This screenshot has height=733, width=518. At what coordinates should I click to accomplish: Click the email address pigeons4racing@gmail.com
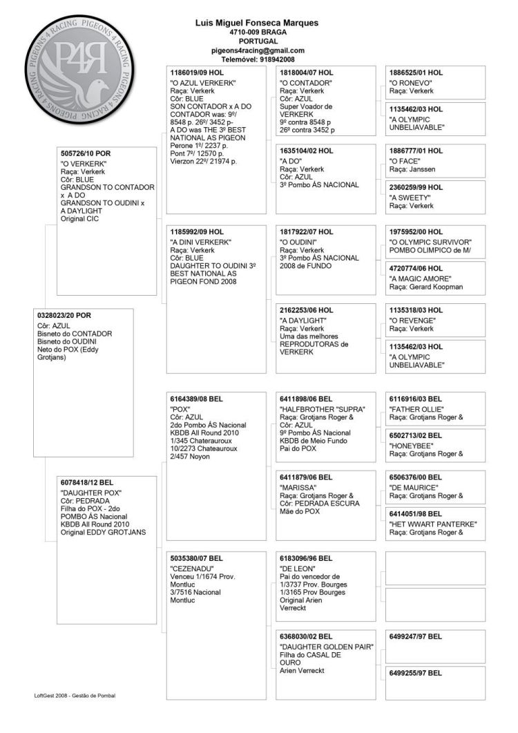click(x=258, y=50)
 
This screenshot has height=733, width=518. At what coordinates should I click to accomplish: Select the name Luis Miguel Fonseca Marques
click(x=257, y=23)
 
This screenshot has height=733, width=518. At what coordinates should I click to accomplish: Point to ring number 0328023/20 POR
click(x=64, y=315)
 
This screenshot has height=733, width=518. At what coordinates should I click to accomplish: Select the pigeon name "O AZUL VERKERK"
click(x=203, y=83)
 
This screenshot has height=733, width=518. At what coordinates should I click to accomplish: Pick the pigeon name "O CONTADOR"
click(x=305, y=83)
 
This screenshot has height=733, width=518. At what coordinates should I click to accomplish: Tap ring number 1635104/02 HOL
click(x=307, y=150)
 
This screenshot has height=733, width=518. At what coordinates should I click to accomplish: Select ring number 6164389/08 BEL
click(x=196, y=399)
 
